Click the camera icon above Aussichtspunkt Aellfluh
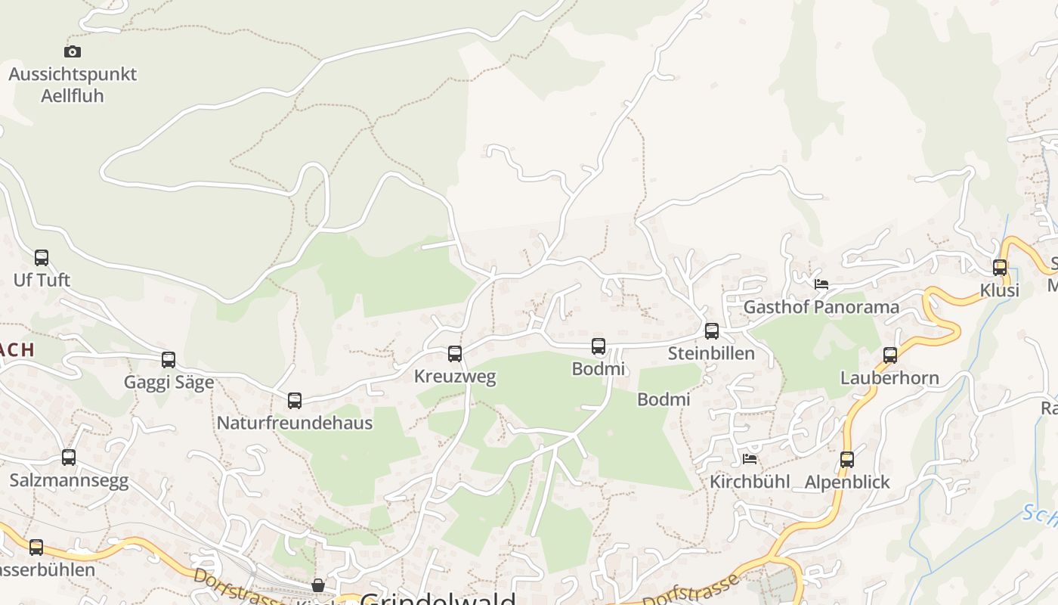73,51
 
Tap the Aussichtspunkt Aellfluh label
73,85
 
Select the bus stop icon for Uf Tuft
42,258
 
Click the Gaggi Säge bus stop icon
169,360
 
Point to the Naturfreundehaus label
295,423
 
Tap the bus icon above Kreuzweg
455,354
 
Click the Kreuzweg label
455,376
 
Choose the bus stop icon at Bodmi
599,347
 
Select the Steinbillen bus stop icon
712,331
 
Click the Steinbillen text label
711,353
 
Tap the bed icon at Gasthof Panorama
821,284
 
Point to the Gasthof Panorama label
821,307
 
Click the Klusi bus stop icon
1000,268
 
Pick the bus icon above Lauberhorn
890,355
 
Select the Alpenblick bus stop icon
847,460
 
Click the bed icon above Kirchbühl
750,458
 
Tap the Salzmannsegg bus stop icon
69,458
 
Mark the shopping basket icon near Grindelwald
318,585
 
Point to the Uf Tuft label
42,280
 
